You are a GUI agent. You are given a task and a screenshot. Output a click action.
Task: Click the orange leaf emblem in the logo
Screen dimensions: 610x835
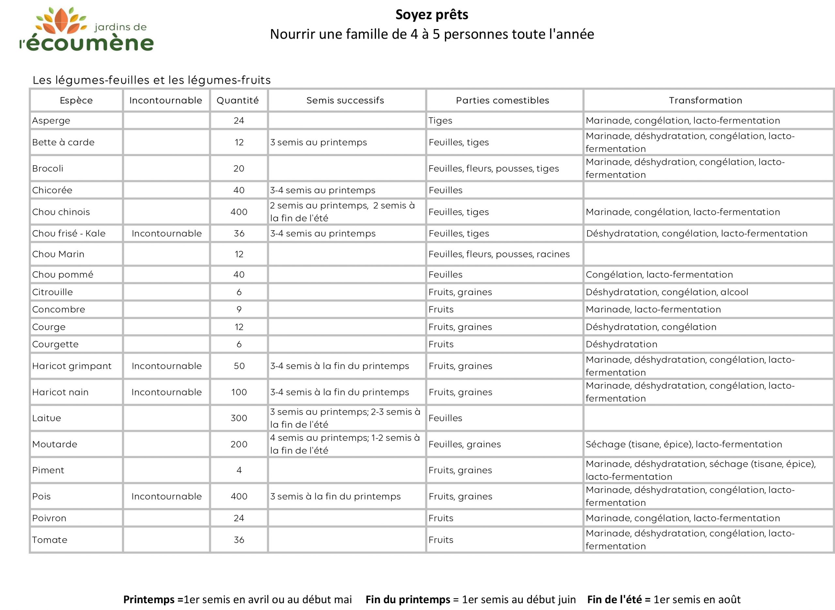61,21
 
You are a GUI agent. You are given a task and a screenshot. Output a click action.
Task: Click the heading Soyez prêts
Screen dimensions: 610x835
432,15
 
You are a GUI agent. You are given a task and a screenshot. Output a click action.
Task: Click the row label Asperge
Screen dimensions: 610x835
51,121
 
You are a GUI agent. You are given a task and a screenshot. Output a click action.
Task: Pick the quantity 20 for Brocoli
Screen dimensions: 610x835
239,169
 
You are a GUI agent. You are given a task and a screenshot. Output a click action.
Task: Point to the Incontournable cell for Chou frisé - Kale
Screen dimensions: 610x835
167,234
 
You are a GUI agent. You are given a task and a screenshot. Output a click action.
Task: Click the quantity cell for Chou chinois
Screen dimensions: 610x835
239,212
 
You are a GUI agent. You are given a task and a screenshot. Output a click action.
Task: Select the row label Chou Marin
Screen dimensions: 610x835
58,254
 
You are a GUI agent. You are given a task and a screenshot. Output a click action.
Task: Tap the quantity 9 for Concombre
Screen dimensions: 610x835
239,310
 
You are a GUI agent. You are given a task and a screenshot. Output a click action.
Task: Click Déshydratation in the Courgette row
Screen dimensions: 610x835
621,345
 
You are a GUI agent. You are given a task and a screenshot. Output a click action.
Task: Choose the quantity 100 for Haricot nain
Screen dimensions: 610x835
239,392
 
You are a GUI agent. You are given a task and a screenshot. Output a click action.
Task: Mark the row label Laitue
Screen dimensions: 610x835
46,418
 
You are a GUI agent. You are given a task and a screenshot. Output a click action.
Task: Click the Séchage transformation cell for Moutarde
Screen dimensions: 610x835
683,444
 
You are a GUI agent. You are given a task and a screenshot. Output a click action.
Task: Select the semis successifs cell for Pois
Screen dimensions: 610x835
335,497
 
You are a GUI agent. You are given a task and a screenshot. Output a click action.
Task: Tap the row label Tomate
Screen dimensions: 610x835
50,540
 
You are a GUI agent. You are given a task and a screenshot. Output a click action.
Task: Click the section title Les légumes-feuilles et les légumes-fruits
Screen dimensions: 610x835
152,80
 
